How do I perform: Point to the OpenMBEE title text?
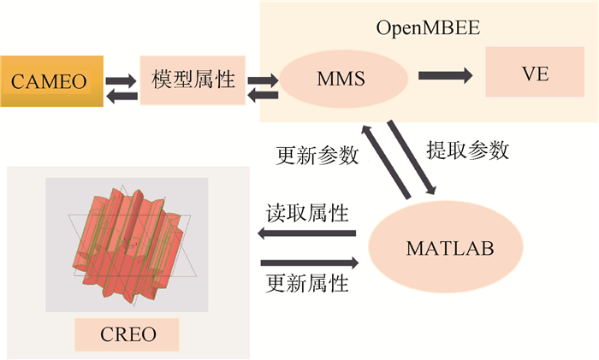coord(428,27)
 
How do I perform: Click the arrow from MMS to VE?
coord(445,76)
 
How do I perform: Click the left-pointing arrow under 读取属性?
coord(307,233)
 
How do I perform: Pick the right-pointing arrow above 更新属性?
coord(309,261)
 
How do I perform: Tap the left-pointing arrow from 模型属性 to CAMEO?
coord(122,97)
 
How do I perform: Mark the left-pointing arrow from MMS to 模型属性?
coord(263,97)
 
